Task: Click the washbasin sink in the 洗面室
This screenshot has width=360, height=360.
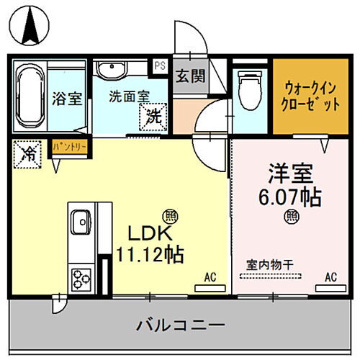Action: point(111,71)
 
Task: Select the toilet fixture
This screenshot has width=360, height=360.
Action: point(248,89)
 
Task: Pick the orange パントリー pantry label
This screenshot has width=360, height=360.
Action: point(71,147)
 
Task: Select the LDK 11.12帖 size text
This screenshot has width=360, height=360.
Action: point(149,243)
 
